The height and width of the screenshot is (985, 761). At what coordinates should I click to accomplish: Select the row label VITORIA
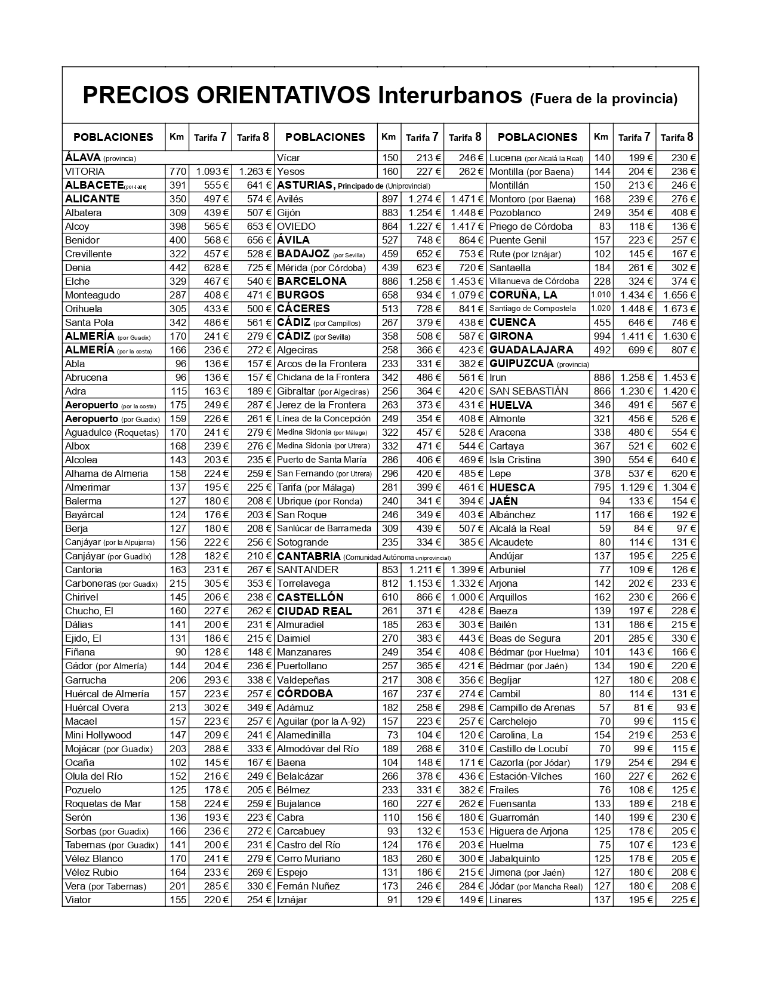(85, 171)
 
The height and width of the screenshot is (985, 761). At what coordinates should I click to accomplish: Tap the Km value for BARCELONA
(389, 281)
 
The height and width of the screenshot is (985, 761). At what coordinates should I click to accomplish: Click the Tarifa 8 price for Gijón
(467, 213)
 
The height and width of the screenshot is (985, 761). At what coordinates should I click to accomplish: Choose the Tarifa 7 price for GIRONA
(637, 336)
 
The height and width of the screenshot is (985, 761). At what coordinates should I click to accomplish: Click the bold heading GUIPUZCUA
(522, 364)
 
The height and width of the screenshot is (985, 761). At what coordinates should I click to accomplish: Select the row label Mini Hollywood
(98, 735)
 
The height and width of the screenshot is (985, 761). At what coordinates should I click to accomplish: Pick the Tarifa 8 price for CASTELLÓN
(467, 597)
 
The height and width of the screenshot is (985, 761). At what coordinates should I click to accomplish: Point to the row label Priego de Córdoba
(531, 226)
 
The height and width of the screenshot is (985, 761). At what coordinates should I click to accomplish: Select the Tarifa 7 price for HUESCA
(637, 487)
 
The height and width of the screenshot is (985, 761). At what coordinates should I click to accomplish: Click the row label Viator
(78, 900)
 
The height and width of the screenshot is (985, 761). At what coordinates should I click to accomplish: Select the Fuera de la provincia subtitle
(603, 98)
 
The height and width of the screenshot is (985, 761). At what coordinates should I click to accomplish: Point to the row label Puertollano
(302, 666)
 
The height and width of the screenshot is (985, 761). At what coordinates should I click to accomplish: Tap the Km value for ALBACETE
(178, 185)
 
